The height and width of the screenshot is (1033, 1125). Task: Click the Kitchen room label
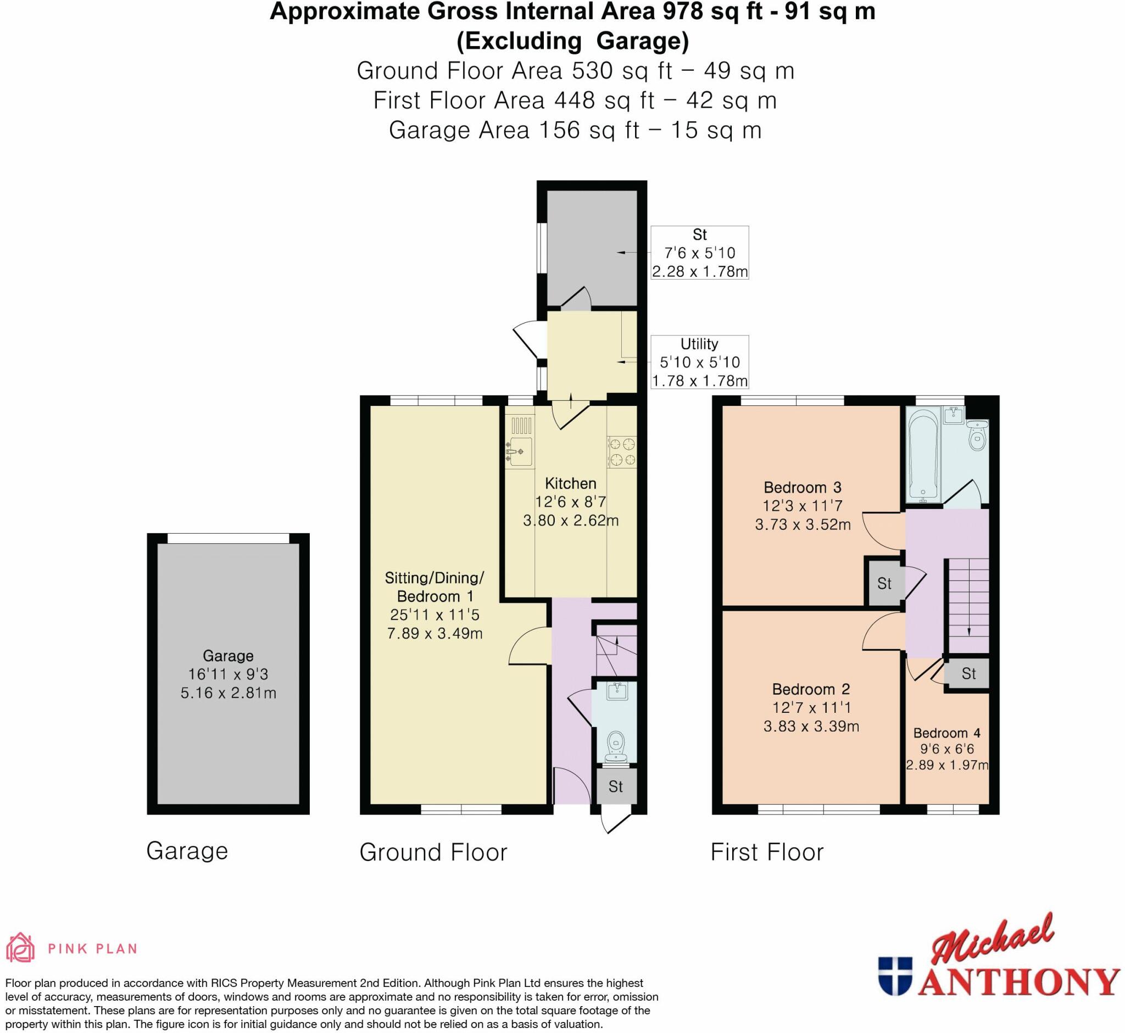(x=570, y=483)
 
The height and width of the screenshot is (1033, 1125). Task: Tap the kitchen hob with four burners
(x=622, y=451)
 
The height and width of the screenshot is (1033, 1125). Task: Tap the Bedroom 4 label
(x=946, y=733)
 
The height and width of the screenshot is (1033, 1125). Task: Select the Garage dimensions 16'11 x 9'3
(x=228, y=674)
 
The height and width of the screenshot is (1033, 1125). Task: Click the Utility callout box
(x=699, y=362)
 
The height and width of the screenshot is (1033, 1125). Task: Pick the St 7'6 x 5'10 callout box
(x=699, y=253)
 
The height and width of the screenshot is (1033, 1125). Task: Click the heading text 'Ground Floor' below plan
(x=433, y=852)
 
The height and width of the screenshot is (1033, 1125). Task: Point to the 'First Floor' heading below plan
(x=767, y=852)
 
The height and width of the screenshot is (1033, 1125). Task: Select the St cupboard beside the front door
(x=616, y=786)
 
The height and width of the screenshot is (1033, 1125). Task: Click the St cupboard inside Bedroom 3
(x=884, y=584)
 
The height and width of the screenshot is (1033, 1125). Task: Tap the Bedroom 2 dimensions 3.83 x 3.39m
(x=811, y=726)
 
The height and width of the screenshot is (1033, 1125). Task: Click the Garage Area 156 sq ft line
(x=575, y=130)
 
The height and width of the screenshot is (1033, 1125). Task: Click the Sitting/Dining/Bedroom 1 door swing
(x=528, y=646)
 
